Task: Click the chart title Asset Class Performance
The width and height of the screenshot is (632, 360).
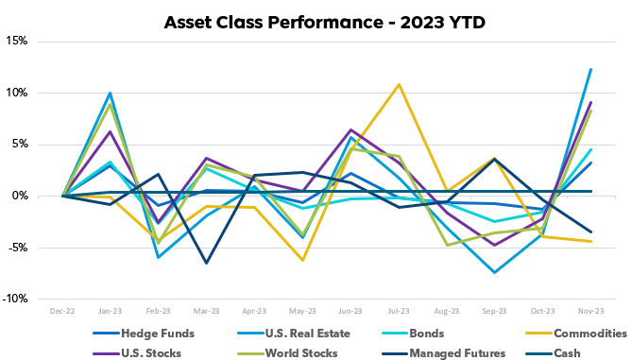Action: [x=316, y=20]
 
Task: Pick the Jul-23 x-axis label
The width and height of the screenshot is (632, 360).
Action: [x=399, y=310]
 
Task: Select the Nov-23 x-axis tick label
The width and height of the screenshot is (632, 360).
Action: [x=591, y=310]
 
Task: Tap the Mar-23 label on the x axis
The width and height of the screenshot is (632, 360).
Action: [x=206, y=310]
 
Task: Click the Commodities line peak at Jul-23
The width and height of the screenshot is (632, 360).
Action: [x=399, y=85]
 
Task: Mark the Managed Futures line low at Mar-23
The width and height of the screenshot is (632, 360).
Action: [x=206, y=263]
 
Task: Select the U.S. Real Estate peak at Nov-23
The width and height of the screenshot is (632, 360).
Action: [x=591, y=69]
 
